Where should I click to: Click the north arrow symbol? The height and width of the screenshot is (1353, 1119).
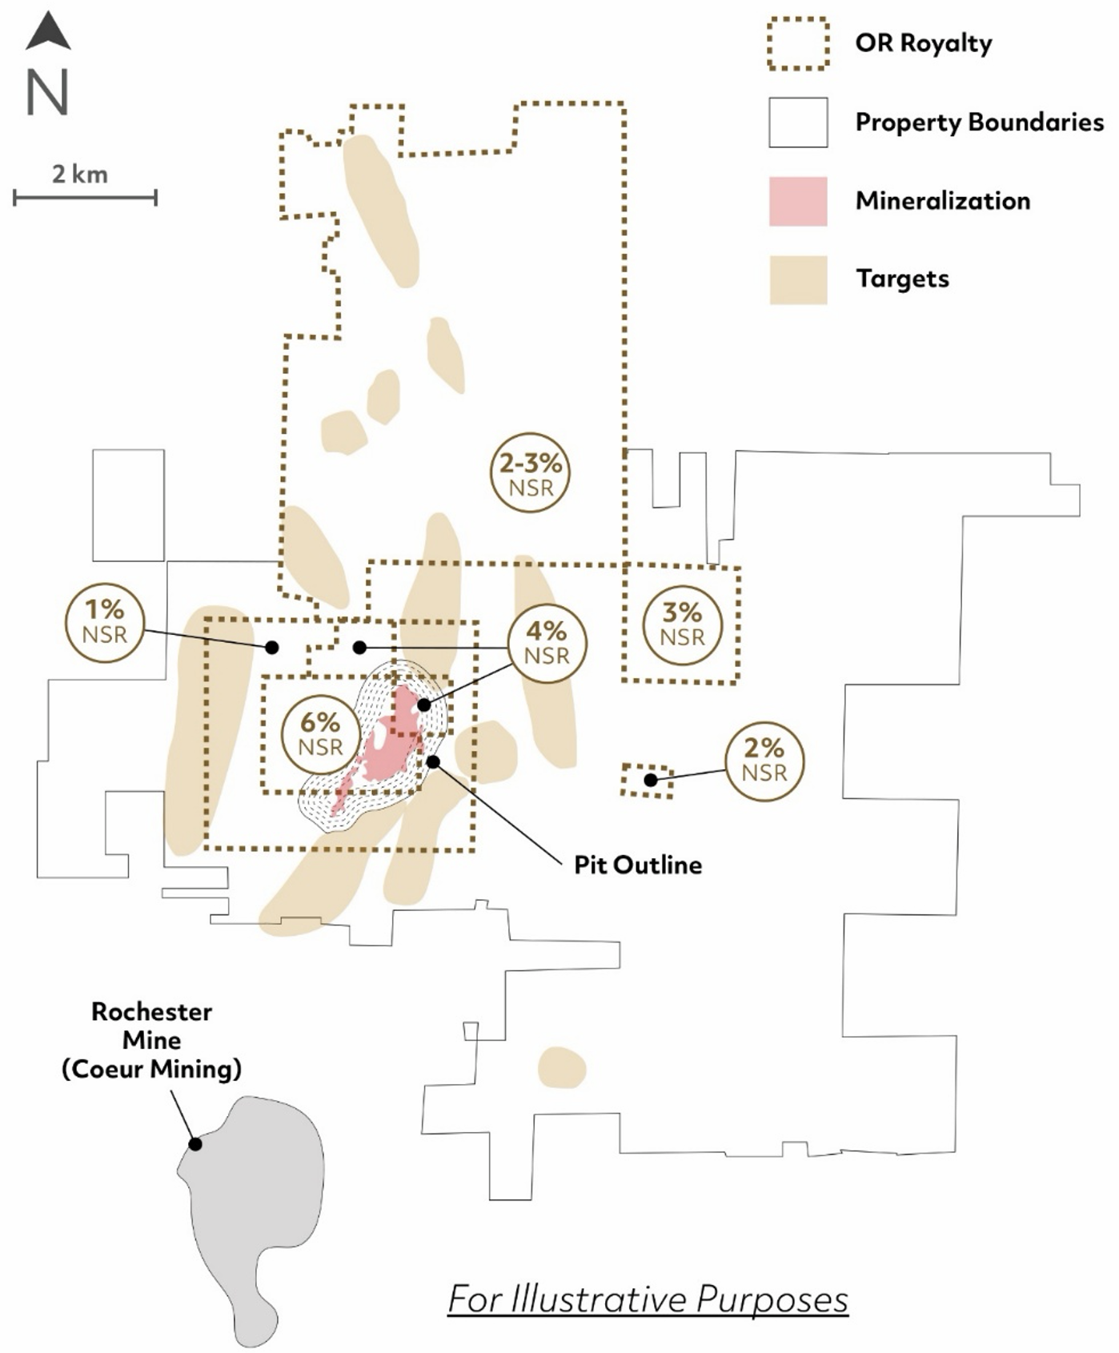pos(48,32)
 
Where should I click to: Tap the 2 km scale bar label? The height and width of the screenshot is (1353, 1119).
pos(80,175)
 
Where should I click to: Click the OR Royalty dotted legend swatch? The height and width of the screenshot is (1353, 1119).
pos(798,43)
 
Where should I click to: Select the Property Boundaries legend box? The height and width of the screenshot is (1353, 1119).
pos(798,122)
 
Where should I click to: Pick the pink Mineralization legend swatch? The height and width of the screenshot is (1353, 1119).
pos(798,201)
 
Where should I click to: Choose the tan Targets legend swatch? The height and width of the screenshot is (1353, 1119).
pos(798,279)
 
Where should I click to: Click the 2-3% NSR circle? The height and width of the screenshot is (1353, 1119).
pos(531,474)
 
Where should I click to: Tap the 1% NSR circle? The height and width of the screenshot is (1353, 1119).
pos(105,622)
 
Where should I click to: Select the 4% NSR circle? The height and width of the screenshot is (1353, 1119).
pos(547,643)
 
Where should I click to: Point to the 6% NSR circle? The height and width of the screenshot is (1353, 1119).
pos(320,734)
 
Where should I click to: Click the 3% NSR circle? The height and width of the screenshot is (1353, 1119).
pos(683,624)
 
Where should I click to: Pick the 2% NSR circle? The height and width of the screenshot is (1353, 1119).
pos(764,761)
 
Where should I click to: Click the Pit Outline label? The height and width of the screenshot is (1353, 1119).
pos(638,865)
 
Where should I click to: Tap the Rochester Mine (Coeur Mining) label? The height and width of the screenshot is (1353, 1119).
pos(152,1040)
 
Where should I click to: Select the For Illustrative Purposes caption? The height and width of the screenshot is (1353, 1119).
pos(648,1298)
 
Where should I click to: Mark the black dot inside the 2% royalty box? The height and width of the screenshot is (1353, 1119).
pos(651,780)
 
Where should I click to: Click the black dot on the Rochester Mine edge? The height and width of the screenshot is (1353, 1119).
pos(195,1144)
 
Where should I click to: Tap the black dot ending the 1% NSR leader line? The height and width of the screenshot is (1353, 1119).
pos(272,647)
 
